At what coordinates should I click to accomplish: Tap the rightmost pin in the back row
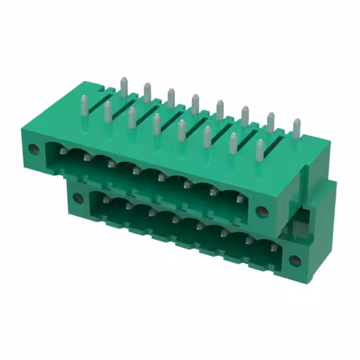pyautogui.click(x=296, y=128)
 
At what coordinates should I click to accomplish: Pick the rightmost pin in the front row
pyautogui.click(x=259, y=149)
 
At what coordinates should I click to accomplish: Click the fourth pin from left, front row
pyautogui.click(x=157, y=123)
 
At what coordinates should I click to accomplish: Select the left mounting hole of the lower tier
pyautogui.click(x=78, y=197)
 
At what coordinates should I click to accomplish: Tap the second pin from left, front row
pyautogui.click(x=107, y=111)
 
